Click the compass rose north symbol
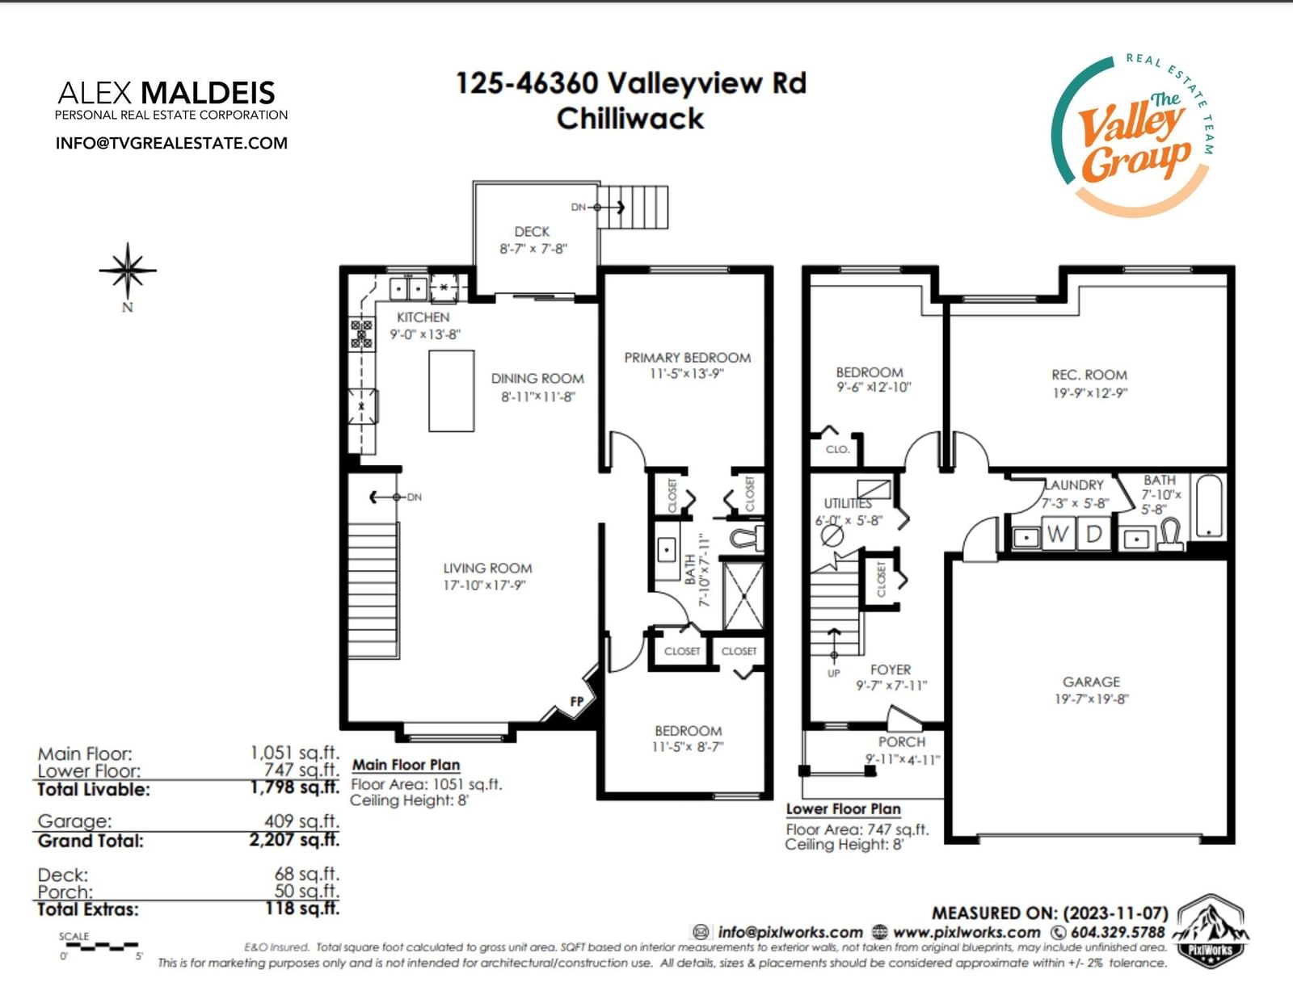tap(128, 271)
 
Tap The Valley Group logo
tap(1131, 136)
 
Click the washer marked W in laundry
tap(1057, 533)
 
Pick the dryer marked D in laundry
tap(1093, 533)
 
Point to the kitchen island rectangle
tap(452, 391)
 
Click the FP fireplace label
tap(576, 702)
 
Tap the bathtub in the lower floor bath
tap(1208, 506)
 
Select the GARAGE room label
tap(1091, 682)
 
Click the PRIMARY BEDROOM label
tap(687, 358)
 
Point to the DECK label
tap(532, 231)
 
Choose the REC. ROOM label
tap(1089, 375)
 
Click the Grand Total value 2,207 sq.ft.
tap(294, 840)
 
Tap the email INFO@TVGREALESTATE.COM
tap(171, 143)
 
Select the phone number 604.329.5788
tap(1118, 933)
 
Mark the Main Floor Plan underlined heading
tap(406, 766)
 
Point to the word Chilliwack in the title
tap(630, 119)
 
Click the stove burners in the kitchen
tap(361, 334)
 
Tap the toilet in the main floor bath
tap(747, 538)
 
